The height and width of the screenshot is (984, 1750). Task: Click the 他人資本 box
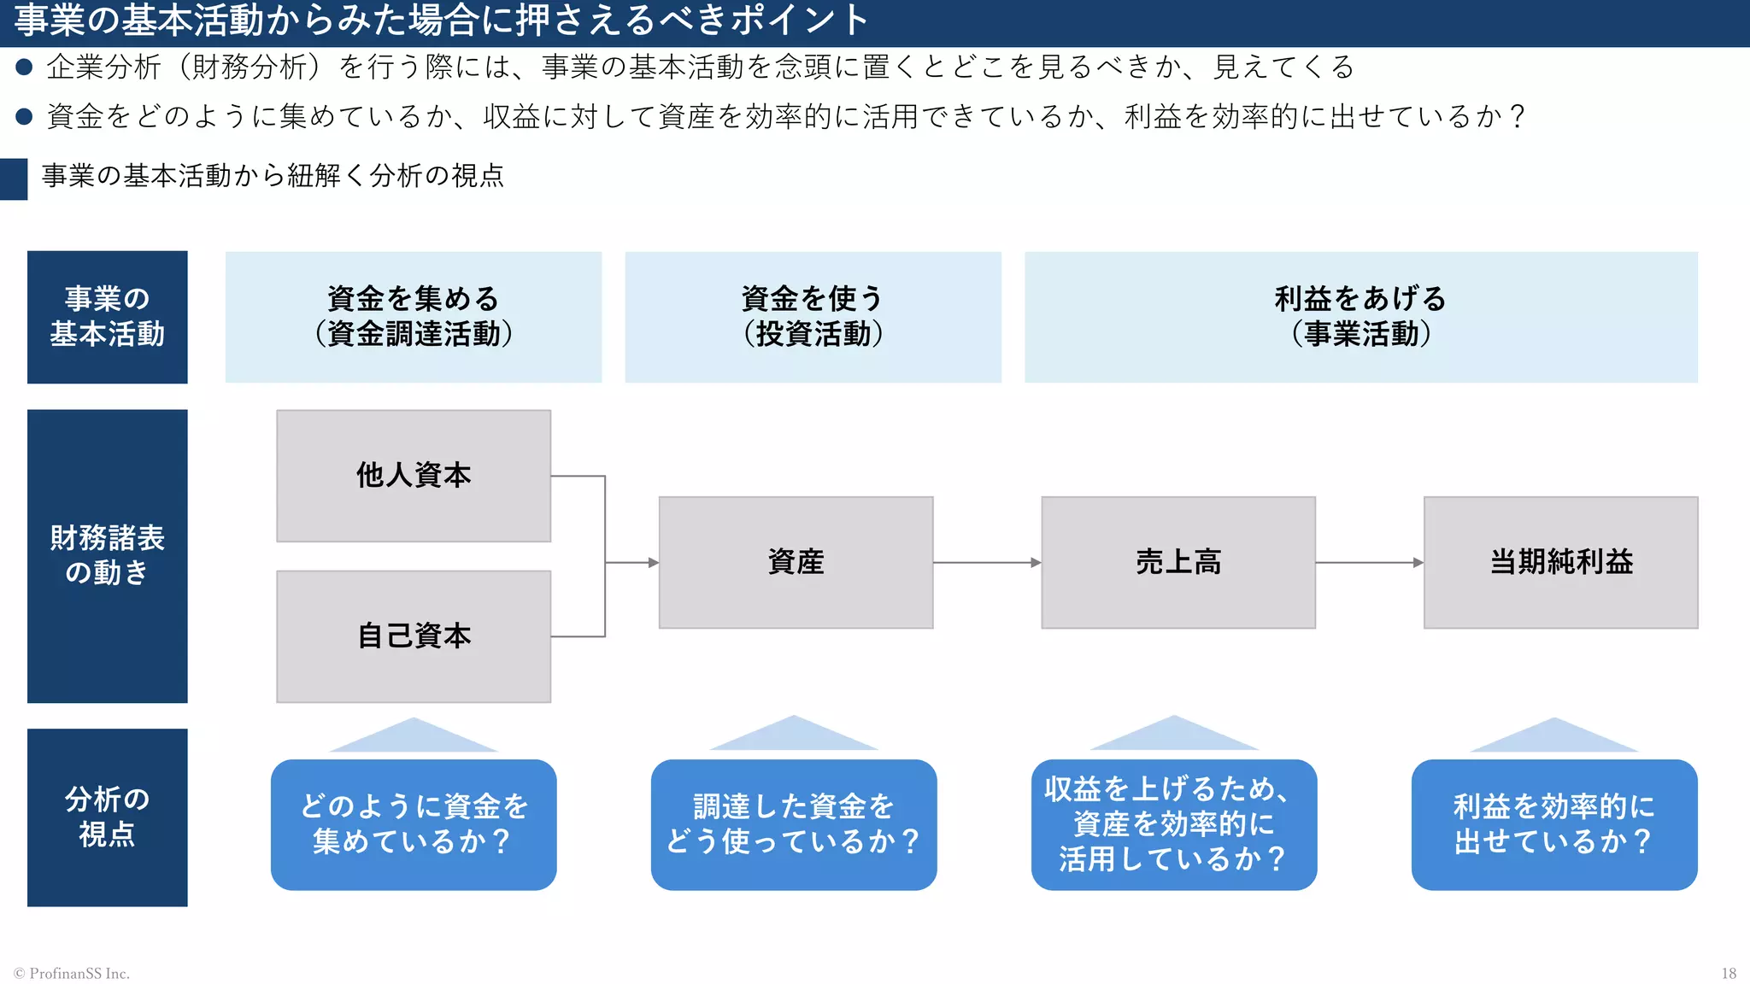point(414,476)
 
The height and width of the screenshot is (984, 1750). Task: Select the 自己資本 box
point(414,636)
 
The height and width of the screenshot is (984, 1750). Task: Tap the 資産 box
point(796,562)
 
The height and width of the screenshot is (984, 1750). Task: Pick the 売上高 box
point(1177,562)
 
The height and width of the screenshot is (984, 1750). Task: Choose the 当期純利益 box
point(1560,562)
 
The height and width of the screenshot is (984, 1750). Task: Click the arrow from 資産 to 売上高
point(986,562)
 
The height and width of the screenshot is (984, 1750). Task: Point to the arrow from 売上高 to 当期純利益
point(1368,562)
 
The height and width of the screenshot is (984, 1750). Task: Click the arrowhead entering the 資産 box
point(653,562)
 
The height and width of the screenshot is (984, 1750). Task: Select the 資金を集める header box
point(414,317)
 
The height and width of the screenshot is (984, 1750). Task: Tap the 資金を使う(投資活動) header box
point(813,317)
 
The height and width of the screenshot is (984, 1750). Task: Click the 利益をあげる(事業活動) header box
point(1360,317)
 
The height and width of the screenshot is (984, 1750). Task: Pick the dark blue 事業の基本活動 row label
point(108,317)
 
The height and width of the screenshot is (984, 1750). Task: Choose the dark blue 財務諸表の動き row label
point(108,556)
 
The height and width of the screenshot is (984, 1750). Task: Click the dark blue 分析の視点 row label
point(108,817)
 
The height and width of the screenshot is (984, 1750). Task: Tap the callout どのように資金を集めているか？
point(414,824)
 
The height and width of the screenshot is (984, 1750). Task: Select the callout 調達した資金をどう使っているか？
point(794,824)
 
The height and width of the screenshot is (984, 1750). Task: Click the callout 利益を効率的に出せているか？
point(1553,824)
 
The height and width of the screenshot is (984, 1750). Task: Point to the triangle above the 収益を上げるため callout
point(1174,736)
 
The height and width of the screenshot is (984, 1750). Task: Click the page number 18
point(1728,973)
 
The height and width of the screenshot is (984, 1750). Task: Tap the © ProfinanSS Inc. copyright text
point(72,973)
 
